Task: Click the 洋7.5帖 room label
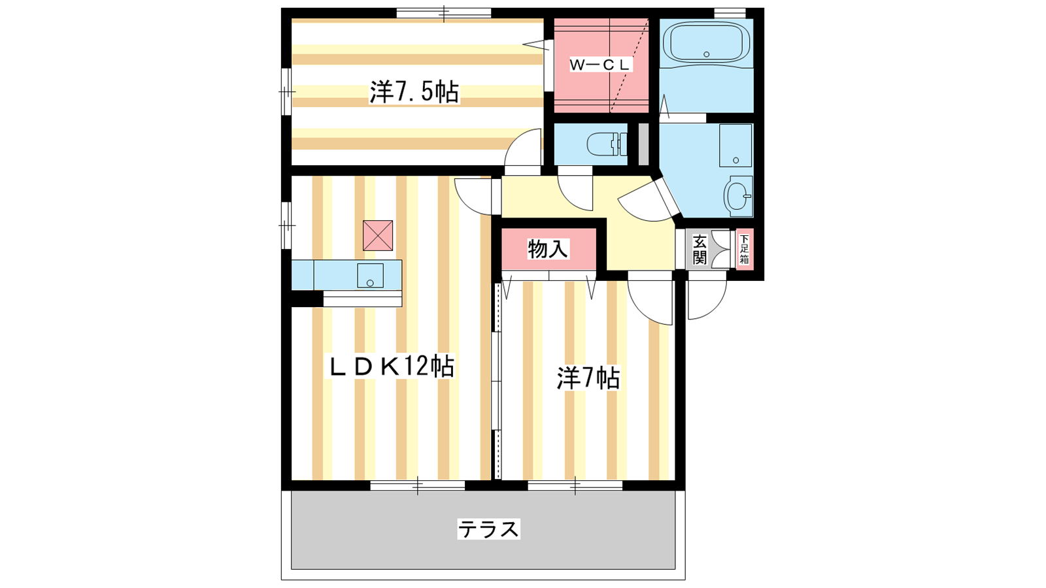(414, 92)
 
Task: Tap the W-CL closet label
(600, 65)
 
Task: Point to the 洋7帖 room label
(588, 378)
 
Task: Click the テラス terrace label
(488, 529)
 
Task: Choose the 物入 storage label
(548, 249)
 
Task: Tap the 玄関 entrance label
(700, 250)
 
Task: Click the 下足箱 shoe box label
(744, 249)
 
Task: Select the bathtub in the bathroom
(706, 42)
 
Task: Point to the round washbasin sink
(738, 196)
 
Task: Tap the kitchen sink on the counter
(370, 275)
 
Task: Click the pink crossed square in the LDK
(378, 236)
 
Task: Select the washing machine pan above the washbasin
(735, 145)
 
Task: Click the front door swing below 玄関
(707, 300)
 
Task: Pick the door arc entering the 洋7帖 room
(650, 298)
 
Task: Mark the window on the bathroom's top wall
(730, 13)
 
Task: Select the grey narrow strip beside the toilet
(643, 144)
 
